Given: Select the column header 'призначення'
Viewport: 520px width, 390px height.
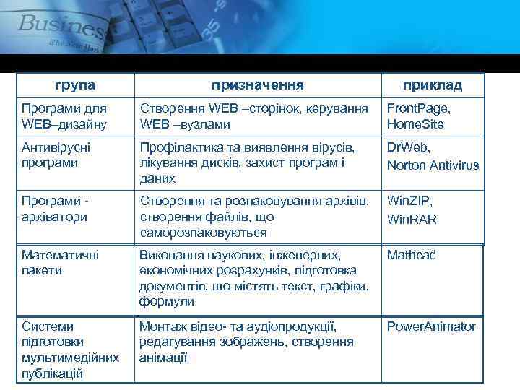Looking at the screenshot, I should [258, 85].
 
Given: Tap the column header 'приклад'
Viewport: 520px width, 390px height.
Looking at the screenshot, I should [433, 85].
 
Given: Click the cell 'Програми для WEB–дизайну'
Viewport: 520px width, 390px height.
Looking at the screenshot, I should [64, 116].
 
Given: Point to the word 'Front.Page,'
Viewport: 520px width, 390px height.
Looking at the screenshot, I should [418, 108].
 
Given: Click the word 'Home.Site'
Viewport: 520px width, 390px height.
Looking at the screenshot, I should [415, 124].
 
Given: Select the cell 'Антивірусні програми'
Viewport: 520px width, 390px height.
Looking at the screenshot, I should [56, 155].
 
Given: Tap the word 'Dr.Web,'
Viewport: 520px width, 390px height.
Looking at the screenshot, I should [409, 147].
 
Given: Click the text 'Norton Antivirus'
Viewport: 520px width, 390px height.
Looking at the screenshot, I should [433, 165].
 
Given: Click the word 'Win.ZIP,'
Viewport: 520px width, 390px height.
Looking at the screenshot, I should [409, 200].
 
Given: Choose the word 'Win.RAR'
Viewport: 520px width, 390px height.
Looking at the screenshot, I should [412, 219].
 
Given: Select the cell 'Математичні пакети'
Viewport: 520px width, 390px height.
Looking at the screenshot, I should [61, 262].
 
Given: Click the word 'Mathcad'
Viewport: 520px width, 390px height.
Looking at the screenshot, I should [412, 254].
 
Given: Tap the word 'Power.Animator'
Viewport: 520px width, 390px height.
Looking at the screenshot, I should [431, 326].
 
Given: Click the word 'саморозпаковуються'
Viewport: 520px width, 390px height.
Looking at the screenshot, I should [203, 233].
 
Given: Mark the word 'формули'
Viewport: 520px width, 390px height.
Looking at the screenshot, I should [166, 302].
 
